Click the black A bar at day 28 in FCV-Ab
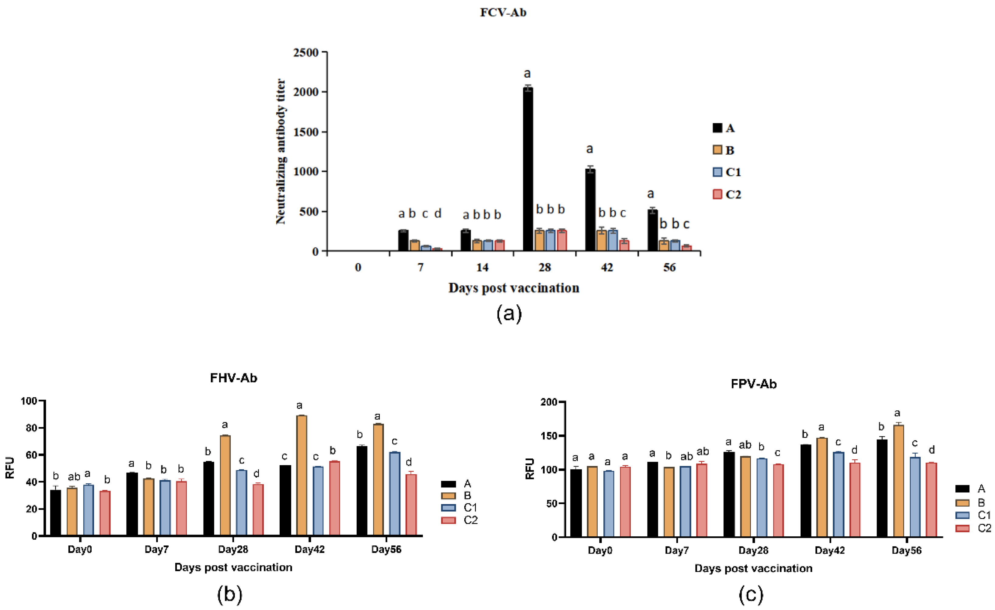click(x=528, y=170)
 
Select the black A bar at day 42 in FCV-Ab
click(x=590, y=210)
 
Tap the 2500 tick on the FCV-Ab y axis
click(x=306, y=53)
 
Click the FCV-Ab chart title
click(x=503, y=12)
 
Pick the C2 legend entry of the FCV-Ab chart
click(x=727, y=194)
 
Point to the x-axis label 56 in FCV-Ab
click(x=669, y=268)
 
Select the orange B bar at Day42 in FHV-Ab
click(x=301, y=475)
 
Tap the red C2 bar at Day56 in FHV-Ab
click(x=411, y=505)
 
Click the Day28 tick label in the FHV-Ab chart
click(x=233, y=549)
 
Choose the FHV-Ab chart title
click(x=233, y=378)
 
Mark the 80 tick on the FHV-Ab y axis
click(x=31, y=428)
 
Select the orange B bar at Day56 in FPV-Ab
click(x=899, y=481)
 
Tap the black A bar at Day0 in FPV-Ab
click(x=576, y=503)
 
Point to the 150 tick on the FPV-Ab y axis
click(x=548, y=436)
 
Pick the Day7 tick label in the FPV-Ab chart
click(x=676, y=551)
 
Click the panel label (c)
click(x=751, y=594)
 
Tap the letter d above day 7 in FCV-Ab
click(x=438, y=213)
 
